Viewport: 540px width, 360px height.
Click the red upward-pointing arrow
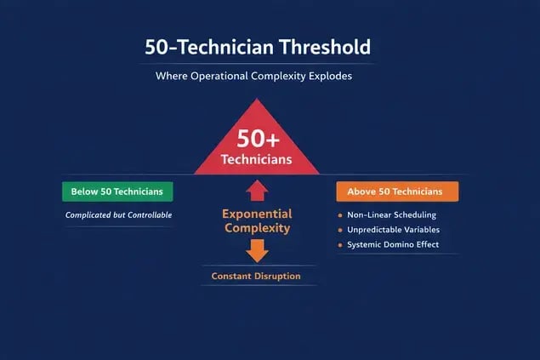(258, 191)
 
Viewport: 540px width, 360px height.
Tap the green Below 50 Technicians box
(117, 191)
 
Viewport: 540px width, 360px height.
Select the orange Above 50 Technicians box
(397, 191)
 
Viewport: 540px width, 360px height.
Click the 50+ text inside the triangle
(257, 138)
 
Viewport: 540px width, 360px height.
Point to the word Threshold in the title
(319, 47)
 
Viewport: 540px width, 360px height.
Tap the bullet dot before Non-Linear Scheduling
(340, 214)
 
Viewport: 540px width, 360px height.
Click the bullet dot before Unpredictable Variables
(340, 230)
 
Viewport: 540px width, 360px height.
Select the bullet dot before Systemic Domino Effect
(340, 245)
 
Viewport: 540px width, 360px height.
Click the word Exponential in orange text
(257, 214)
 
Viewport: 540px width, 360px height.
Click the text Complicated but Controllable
(119, 215)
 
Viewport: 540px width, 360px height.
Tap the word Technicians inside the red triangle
(257, 159)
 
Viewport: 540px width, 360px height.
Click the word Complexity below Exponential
(257, 228)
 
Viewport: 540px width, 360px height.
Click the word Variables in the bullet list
(417, 230)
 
